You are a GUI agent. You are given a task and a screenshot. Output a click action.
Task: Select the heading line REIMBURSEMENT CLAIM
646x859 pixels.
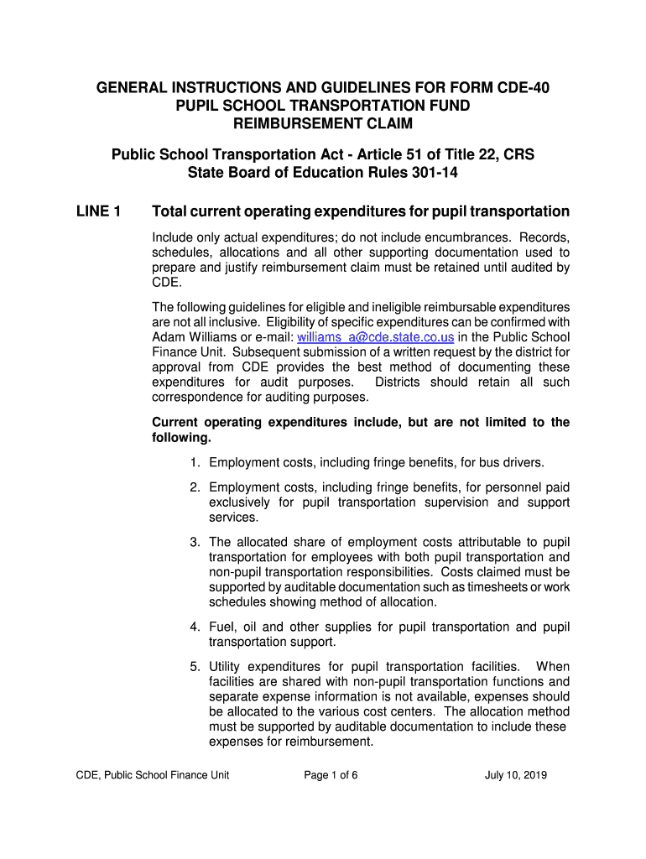tap(323, 124)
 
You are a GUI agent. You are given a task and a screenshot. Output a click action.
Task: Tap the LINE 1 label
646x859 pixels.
tap(99, 211)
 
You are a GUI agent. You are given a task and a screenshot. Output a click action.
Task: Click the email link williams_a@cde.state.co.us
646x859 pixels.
tap(376, 337)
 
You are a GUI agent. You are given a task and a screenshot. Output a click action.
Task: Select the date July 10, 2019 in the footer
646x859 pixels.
tap(516, 775)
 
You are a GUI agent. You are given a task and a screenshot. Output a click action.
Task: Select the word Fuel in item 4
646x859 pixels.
tap(223, 627)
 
